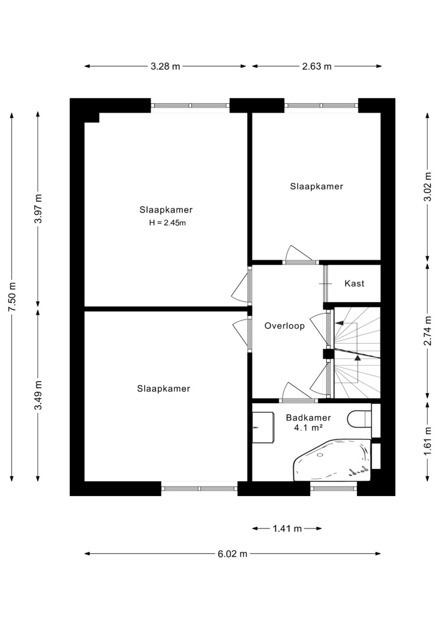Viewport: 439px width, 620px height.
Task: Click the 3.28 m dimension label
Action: point(165,66)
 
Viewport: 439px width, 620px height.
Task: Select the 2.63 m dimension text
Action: point(317,66)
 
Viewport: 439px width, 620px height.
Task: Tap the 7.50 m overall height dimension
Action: point(12,296)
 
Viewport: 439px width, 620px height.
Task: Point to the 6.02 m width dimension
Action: point(233,554)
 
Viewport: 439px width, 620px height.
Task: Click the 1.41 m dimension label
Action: point(287,528)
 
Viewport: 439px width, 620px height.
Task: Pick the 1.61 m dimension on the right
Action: point(428,441)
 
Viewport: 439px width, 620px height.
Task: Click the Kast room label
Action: point(355,283)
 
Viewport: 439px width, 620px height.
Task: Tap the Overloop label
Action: point(285,326)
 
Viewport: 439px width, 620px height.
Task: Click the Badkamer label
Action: point(308,417)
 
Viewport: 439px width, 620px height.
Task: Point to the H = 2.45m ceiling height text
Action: point(167,223)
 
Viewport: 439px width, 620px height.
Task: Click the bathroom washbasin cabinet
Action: point(264,428)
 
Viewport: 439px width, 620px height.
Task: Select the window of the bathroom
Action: point(334,489)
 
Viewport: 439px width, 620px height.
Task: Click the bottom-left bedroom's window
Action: point(199,489)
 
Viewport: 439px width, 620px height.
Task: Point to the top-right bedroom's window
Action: point(321,106)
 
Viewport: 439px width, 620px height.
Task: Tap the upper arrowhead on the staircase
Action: point(339,323)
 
